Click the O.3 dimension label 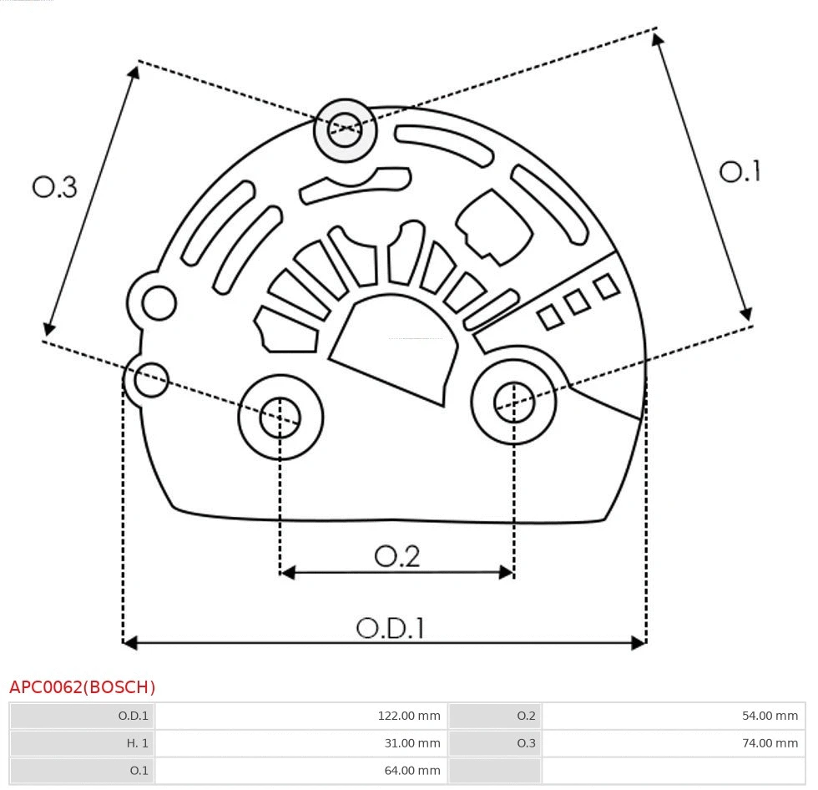point(54,187)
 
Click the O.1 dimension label point(740,171)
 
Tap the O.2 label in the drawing point(396,555)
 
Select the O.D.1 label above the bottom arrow point(390,627)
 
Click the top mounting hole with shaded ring point(345,129)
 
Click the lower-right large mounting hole point(514,403)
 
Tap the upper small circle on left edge point(159,303)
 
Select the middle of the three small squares point(577,302)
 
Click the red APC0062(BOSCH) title point(82,687)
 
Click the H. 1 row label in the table point(137,742)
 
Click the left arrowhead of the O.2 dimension point(287,572)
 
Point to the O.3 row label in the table point(526,742)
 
